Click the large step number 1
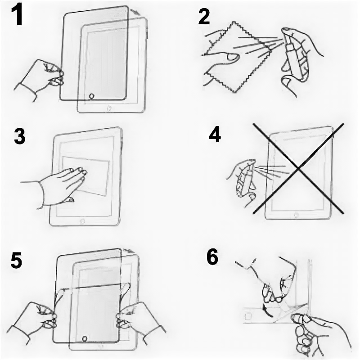tap(17, 15)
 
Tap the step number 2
tap(204, 17)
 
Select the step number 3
tap(19, 136)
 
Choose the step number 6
tap(212, 257)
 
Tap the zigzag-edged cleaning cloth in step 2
tap(237, 58)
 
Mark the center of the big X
tap(298, 169)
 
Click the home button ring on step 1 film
tap(91, 96)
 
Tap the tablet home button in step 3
tap(82, 221)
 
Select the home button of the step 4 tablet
tap(297, 216)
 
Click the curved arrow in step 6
tap(266, 310)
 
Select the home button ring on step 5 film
tap(85, 339)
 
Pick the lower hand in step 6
tap(319, 335)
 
